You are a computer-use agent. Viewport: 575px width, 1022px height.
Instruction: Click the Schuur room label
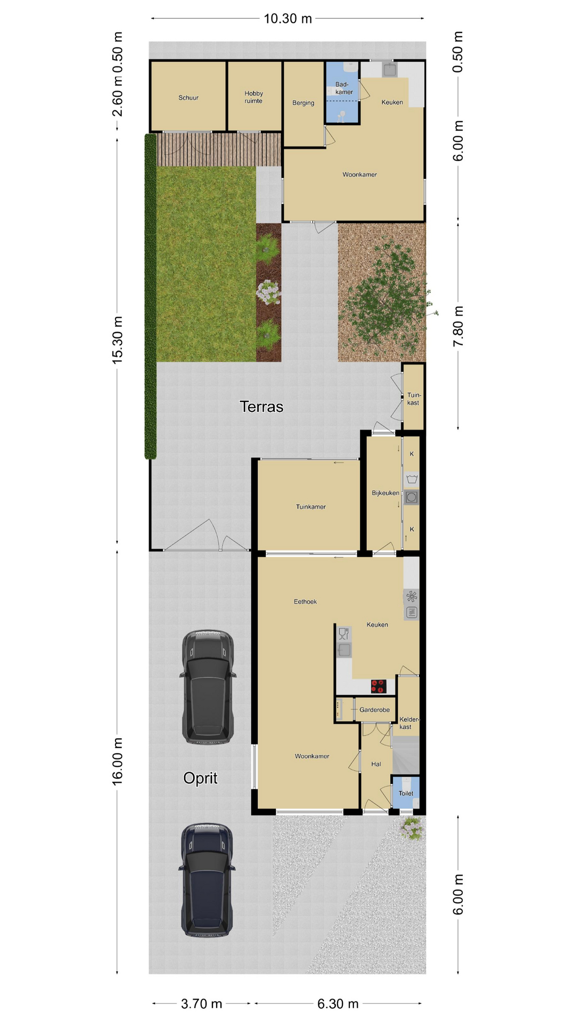point(188,98)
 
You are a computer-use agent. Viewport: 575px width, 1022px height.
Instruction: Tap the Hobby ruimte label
point(254,97)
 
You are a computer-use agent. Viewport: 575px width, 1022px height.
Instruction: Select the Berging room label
point(303,103)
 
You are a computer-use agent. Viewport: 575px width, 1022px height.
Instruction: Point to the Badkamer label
point(343,88)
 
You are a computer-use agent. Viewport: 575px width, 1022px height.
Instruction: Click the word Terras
point(261,407)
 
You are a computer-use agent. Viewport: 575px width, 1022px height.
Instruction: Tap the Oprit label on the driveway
point(200,778)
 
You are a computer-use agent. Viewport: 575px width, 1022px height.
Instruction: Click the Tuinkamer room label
point(311,507)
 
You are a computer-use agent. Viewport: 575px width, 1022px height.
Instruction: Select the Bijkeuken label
point(385,493)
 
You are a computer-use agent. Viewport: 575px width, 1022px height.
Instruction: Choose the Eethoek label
point(305,601)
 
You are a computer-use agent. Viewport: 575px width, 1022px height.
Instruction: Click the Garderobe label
point(374,710)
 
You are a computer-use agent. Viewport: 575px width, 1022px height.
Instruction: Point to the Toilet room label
point(406,793)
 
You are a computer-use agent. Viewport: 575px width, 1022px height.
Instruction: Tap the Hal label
point(376,764)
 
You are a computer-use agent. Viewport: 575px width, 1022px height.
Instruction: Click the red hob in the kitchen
point(378,687)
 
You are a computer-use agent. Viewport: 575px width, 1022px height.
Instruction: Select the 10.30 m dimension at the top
point(288,19)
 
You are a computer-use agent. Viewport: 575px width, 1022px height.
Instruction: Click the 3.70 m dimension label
point(201,1004)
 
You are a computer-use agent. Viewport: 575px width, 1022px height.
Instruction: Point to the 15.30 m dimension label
point(118,340)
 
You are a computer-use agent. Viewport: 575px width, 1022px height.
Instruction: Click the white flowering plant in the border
point(268,292)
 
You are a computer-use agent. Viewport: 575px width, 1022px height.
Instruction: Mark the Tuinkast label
point(413,399)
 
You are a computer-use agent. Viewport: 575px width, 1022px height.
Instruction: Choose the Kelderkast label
point(409,723)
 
